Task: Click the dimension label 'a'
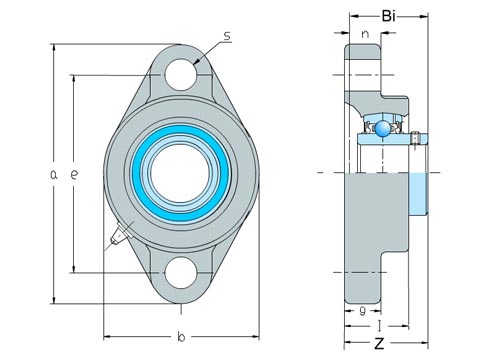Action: point(53,174)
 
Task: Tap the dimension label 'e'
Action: point(74,174)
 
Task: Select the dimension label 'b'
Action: point(181,337)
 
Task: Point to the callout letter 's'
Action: point(227,36)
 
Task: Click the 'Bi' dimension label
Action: point(388,16)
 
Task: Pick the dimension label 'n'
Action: point(365,34)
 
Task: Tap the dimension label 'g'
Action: point(363,311)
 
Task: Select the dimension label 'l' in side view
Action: point(379,326)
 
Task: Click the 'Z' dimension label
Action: point(379,343)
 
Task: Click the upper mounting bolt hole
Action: point(180,74)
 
